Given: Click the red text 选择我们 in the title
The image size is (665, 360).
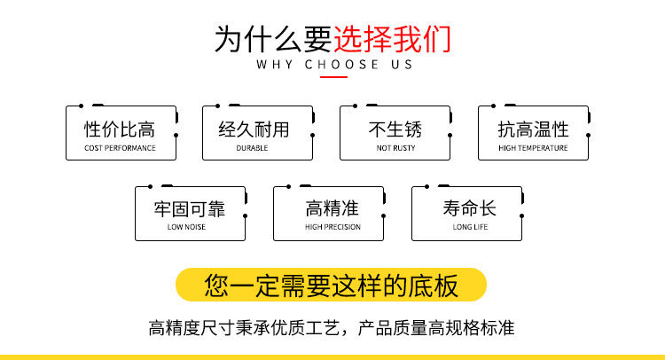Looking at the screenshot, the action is coord(392,38).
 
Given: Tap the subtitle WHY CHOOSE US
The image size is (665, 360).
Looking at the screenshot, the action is coord(333,65).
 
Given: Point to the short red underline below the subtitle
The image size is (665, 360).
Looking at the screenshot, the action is coord(333,77).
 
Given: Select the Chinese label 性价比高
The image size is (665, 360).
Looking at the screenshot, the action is coord(120,129).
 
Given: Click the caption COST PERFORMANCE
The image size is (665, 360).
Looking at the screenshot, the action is coord(120,148).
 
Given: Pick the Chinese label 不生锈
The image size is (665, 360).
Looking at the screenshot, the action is coord(395,129).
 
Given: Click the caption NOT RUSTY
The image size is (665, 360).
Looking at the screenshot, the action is coord(395,148).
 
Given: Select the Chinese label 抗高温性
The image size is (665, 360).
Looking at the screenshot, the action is coord(533,129).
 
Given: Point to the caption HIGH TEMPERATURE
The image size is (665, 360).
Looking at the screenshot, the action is coord(533,148).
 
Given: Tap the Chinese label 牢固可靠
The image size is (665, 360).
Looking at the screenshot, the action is coord(189,209).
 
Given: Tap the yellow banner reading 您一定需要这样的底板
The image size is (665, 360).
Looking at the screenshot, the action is coord(332,285).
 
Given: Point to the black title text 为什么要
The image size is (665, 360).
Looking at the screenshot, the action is coord(273,39).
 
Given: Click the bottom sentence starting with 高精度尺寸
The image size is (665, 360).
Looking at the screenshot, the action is coord(332,328).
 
